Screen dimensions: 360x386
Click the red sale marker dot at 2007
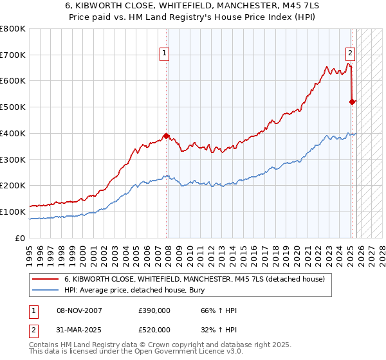pos(167,136)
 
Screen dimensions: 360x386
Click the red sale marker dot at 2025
pos(352,102)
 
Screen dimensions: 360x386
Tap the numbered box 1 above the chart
pos(165,54)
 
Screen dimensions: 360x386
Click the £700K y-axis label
pos(13,55)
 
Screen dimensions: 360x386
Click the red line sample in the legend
pos(46,279)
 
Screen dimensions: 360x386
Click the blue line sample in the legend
pos(46,290)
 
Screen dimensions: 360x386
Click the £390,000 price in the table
pos(154,310)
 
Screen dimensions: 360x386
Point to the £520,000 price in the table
pos(154,329)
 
